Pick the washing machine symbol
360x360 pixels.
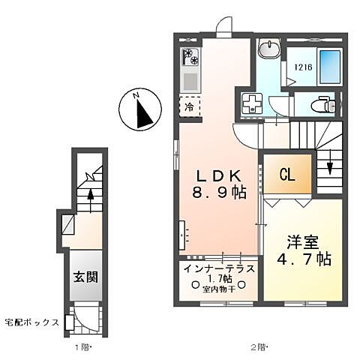[251, 103]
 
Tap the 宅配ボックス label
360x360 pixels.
[31, 322]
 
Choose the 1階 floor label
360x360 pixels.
[83, 347]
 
